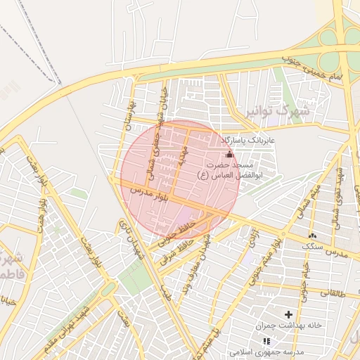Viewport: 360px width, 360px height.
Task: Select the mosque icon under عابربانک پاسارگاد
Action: pyautogui.click(x=229, y=154)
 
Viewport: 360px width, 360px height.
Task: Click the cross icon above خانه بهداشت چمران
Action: pyautogui.click(x=288, y=314)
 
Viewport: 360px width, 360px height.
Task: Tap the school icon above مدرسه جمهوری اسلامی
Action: pyautogui.click(x=266, y=340)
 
